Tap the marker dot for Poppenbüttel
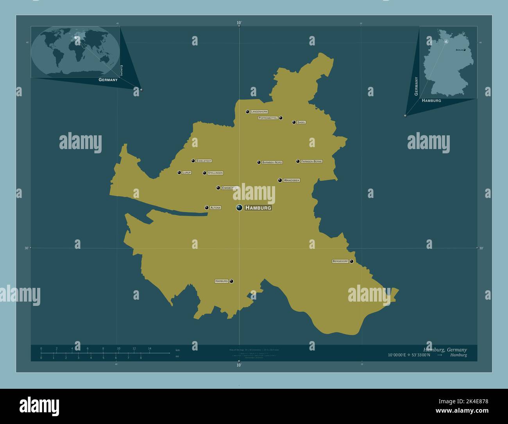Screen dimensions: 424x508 pyautogui.click(x=281, y=118)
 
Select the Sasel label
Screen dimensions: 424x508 pyautogui.click(x=301, y=122)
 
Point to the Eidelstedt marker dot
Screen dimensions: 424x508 pyautogui.click(x=193, y=161)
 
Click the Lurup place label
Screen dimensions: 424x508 pyautogui.click(x=187, y=172)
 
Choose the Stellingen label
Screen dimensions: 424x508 pyautogui.click(x=215, y=173)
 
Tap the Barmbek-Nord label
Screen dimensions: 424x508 pyautogui.click(x=272, y=162)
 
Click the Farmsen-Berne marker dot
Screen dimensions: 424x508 pyautogui.click(x=298, y=161)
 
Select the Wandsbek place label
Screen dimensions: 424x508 pyautogui.click(x=292, y=180)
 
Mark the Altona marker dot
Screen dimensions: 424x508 pyautogui.click(x=207, y=208)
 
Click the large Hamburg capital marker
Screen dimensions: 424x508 pyautogui.click(x=239, y=208)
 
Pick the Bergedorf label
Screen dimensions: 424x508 pyautogui.click(x=340, y=261)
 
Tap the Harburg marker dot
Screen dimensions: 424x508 pyautogui.click(x=231, y=281)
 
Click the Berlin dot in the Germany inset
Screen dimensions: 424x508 pyautogui.click(x=464, y=50)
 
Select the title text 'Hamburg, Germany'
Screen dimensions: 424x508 pyautogui.click(x=445, y=349)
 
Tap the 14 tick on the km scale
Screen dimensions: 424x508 pyautogui.click(x=150, y=349)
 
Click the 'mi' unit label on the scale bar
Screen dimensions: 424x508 pyautogui.click(x=177, y=356)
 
